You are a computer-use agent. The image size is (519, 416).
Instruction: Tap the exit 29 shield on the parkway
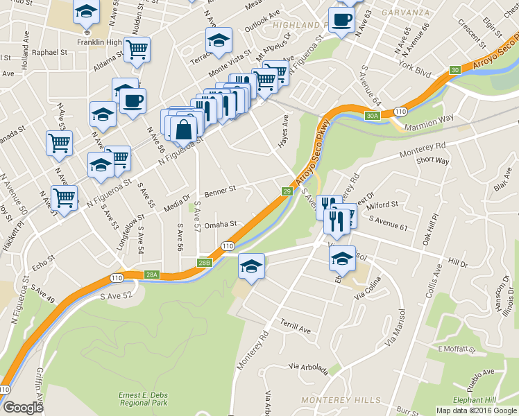287,191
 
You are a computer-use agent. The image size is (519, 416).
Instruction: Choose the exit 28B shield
204,263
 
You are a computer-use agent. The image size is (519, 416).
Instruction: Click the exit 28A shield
152,275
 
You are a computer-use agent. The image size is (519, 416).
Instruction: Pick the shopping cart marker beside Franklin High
138,50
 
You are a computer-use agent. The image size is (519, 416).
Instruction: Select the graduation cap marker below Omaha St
251,266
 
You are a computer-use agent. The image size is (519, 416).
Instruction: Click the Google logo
24,407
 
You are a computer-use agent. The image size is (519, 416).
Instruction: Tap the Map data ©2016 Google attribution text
475,410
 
